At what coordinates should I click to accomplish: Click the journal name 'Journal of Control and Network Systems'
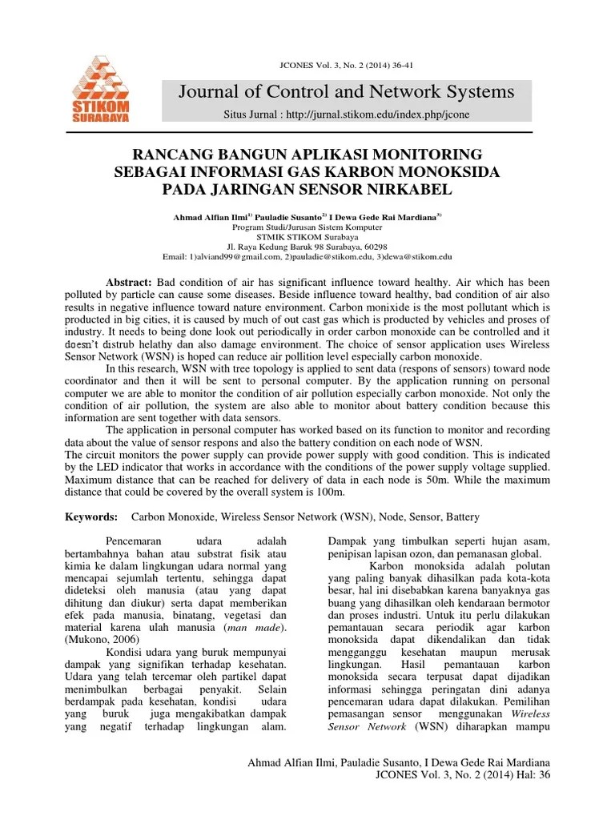[x=346, y=91]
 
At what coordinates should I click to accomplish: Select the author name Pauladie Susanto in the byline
[x=288, y=217]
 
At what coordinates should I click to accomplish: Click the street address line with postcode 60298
[x=307, y=247]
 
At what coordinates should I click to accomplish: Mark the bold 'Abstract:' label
[x=129, y=283]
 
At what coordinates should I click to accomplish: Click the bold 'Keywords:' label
[x=91, y=518]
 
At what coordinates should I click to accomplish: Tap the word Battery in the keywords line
[x=463, y=518]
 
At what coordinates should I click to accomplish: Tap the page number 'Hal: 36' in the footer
[x=528, y=775]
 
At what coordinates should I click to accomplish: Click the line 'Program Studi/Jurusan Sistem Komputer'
[x=307, y=227]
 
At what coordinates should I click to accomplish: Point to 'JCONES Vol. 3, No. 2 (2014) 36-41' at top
[x=307, y=66]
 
